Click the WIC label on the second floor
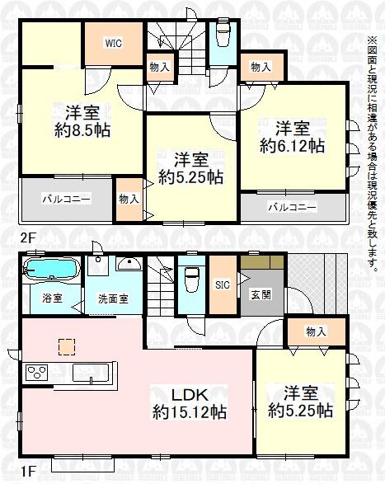113,43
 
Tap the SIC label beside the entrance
223,284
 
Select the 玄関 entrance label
261,295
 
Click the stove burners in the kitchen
37,373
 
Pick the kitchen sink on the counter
91,373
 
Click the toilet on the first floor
191,279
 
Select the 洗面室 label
113,298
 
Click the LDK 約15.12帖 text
190,403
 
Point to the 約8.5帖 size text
82,131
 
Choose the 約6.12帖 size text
292,146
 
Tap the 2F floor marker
28,238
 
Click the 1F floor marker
28,472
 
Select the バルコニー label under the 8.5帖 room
67,199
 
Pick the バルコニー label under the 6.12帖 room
292,206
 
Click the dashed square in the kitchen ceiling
67,346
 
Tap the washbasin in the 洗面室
129,264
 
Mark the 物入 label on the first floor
316,331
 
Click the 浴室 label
53,298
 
